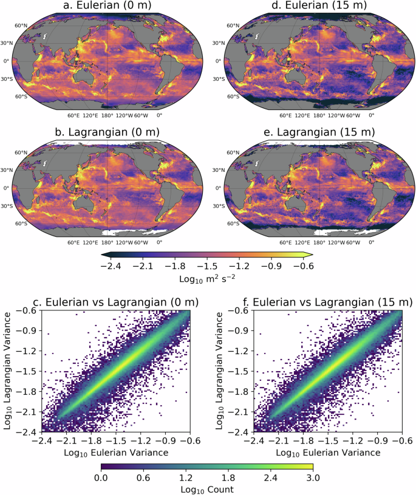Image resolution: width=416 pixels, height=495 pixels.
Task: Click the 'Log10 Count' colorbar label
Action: [x=207, y=488]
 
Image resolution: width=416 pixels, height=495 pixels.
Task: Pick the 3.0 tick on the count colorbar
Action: [x=312, y=477]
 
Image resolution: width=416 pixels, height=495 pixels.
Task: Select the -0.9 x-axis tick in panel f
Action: [x=371, y=441]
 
